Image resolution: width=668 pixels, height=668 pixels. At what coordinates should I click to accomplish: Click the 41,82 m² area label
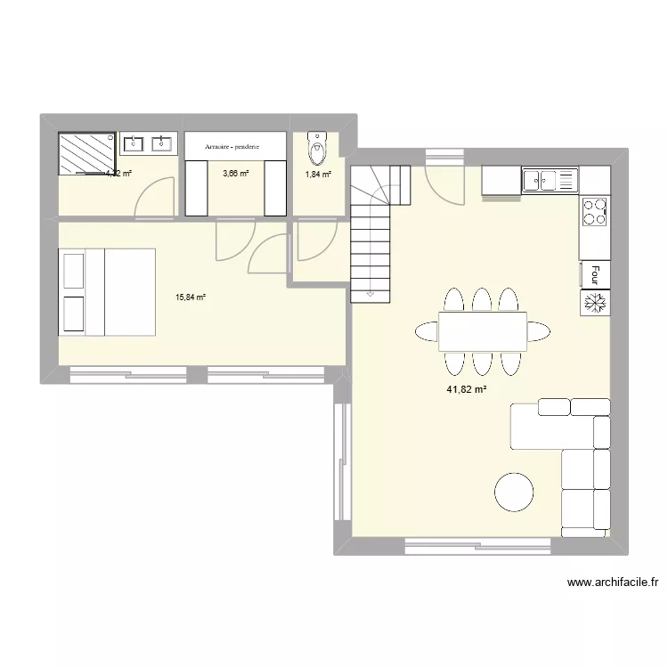(468, 389)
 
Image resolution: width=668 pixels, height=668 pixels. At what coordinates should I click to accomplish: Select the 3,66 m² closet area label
(236, 174)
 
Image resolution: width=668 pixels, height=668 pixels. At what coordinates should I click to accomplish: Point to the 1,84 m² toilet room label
(318, 175)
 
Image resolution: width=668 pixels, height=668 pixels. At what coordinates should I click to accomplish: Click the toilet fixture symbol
(317, 145)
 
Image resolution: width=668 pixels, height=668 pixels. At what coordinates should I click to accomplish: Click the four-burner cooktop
(595, 211)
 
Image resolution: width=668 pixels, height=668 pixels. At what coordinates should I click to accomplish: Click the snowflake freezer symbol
(594, 303)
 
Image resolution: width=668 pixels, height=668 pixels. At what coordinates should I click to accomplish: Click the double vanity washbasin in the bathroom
(149, 143)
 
